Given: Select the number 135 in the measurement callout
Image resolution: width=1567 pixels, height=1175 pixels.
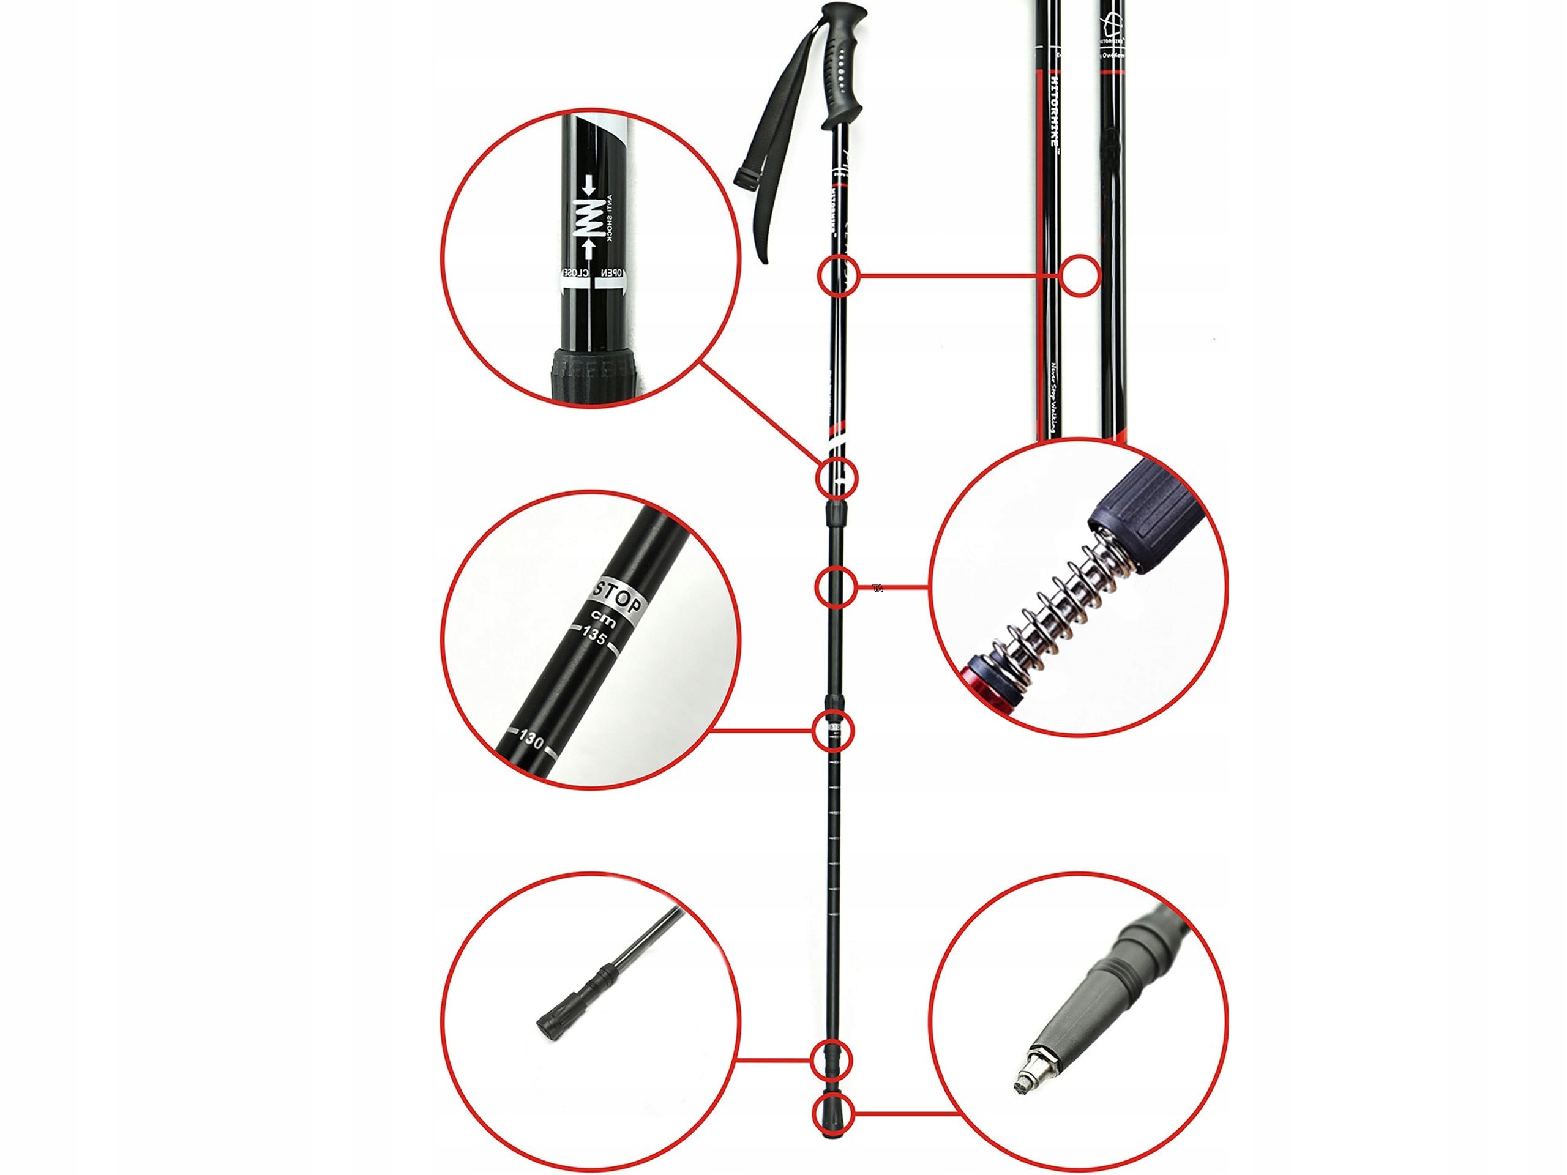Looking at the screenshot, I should click(x=594, y=635).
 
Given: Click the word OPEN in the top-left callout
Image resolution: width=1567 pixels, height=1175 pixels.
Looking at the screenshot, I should click(x=611, y=272).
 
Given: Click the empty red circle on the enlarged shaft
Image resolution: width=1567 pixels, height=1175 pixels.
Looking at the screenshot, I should click(x=1080, y=275).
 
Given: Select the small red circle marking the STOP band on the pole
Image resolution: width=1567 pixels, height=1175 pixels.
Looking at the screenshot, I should click(x=834, y=729).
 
